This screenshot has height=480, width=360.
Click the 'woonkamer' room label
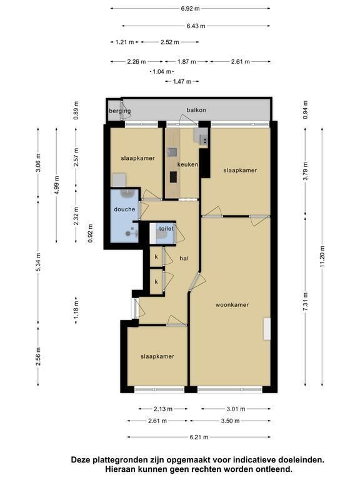(x=232, y=305)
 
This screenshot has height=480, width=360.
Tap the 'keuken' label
(x=187, y=165)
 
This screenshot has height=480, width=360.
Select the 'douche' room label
(x=124, y=209)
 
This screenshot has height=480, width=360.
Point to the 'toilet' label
(x=166, y=228)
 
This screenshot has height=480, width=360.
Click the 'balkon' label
(x=196, y=110)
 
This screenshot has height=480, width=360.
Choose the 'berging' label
(x=120, y=111)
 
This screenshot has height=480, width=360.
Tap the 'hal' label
(x=184, y=258)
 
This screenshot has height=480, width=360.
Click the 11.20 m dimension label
(x=322, y=256)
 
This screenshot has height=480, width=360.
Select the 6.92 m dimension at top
(x=190, y=9)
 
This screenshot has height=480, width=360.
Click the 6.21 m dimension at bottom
(x=199, y=437)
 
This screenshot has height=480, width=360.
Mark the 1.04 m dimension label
(x=162, y=72)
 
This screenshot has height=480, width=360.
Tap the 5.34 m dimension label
(x=38, y=262)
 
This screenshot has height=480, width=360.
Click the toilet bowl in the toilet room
(x=161, y=235)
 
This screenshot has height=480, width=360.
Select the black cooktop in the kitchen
(x=173, y=177)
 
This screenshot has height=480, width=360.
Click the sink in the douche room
(x=126, y=193)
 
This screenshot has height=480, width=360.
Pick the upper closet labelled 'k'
(x=156, y=256)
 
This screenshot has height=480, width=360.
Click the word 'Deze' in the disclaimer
(x=81, y=460)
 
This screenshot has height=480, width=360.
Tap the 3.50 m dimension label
(x=230, y=421)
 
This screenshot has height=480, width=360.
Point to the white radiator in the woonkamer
(x=267, y=329)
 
